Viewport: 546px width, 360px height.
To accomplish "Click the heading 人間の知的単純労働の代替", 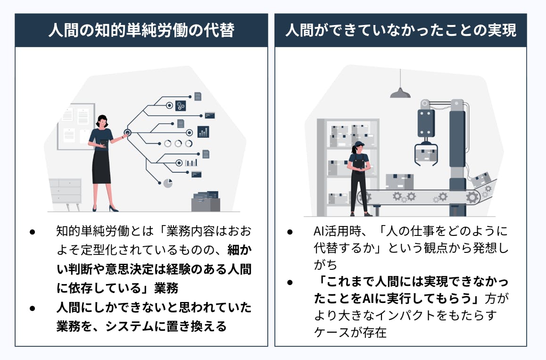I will click(141, 30).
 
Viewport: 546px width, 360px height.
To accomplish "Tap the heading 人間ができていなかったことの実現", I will click(401, 30).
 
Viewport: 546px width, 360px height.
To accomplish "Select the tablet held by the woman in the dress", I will click(103, 145).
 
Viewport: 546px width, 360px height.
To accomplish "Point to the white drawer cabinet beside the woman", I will click(66, 191).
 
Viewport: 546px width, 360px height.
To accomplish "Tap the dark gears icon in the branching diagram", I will click(181, 106).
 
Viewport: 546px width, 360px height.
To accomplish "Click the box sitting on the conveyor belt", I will click(399, 181).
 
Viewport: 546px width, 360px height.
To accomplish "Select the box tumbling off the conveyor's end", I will click(481, 178).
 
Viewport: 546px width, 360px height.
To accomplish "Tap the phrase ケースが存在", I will click(350, 332).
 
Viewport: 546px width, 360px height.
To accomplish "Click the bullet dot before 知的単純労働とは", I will click(33, 232).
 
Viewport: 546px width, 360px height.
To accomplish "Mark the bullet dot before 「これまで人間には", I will click(290, 282).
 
